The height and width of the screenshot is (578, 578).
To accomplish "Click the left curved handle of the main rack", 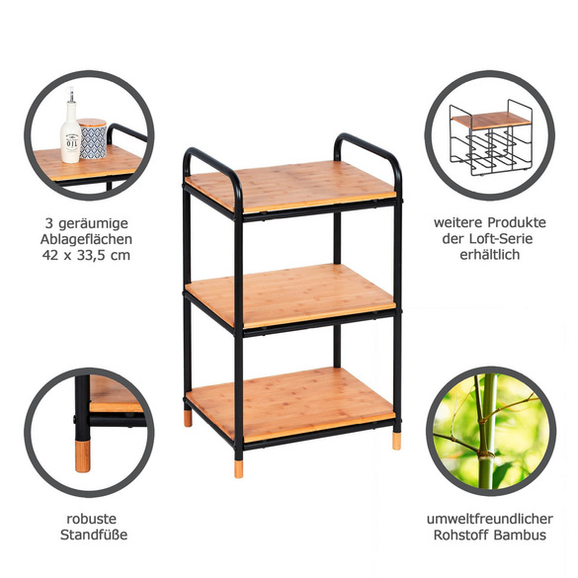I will pos(209,159).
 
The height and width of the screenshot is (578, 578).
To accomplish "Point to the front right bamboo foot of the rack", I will pos(396,441).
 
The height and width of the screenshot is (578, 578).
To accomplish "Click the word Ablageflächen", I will pos(88,239).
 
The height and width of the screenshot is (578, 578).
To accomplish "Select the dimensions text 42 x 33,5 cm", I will pos(88,256).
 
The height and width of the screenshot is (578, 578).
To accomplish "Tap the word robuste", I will pos(88,519).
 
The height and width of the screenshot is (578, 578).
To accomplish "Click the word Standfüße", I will pos(88,537).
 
